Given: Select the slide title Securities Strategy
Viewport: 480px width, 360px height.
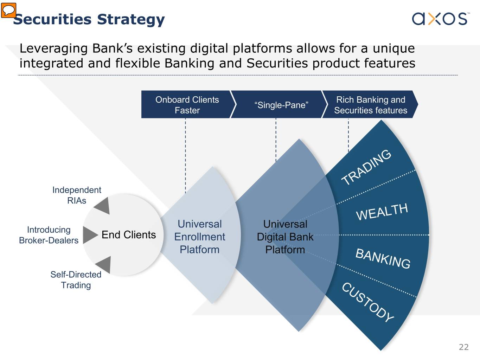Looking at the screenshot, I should coord(89,20).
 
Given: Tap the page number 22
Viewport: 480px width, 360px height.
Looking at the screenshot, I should coord(463,347).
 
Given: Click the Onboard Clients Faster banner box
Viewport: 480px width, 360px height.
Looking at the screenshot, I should coord(187,105).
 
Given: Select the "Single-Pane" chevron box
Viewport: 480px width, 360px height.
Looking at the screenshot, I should coord(281,105).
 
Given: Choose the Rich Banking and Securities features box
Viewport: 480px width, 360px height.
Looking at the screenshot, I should coord(370,105).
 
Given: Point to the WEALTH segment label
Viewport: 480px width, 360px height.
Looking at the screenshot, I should coord(382,212).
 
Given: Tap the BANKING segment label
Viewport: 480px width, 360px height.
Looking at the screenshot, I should coord(383,258).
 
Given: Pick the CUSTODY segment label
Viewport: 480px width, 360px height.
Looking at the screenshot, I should coord(368,302).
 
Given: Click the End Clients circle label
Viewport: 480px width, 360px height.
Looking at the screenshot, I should coord(128,234).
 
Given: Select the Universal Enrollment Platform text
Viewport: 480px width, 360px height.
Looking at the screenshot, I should coord(200,237).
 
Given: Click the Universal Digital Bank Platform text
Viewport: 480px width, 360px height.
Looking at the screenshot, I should coord(285,237).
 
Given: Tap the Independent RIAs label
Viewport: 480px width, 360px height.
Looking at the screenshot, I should coord(77,195).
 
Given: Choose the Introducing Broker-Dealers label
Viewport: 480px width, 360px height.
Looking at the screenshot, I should coord(49,235).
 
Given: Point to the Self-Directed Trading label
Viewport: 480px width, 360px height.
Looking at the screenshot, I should coord(76,279).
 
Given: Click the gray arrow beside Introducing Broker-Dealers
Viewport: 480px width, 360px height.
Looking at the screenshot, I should coord(90,234).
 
